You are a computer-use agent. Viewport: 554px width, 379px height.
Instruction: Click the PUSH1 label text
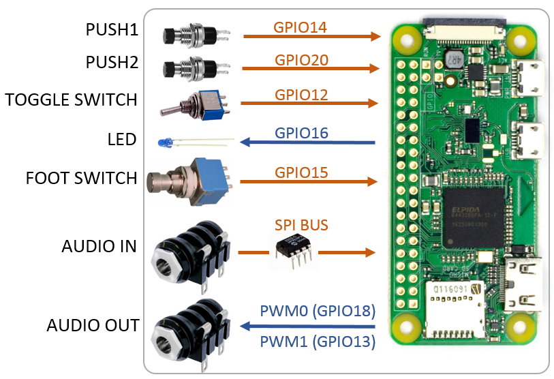[112, 30]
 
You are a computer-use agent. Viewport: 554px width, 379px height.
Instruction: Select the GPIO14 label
[300, 28]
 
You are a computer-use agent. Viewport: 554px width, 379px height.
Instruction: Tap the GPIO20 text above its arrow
[301, 60]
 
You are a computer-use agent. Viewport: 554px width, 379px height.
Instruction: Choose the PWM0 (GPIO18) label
[318, 311]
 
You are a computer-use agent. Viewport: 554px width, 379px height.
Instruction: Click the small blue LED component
[166, 142]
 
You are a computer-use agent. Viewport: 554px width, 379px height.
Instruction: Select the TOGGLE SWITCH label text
[71, 100]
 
